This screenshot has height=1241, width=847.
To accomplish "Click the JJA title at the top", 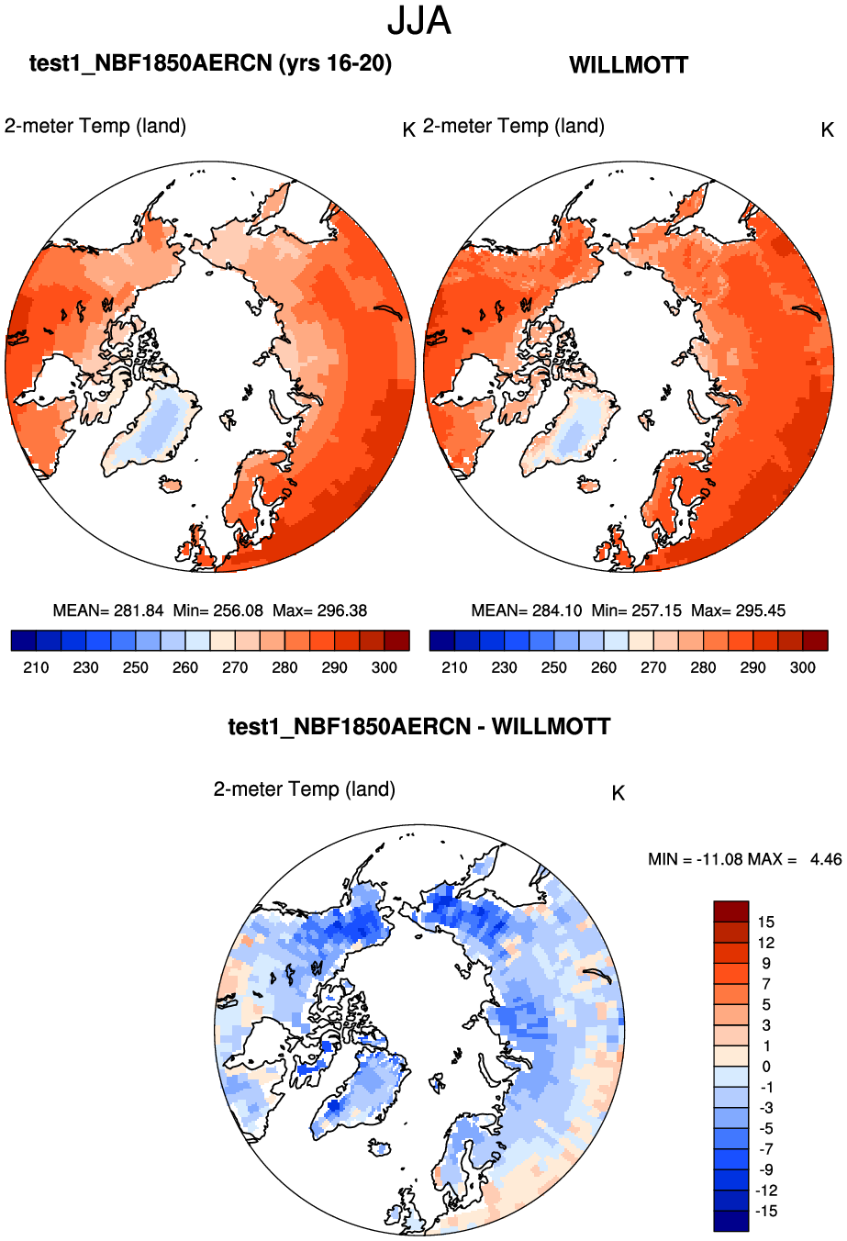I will (x=419, y=21).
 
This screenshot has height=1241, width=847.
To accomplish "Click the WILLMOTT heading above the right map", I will (x=629, y=65).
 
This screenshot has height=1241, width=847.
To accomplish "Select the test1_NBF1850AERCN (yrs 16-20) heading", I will (x=210, y=63).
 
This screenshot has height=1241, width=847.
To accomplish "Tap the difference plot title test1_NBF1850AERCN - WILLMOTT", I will (x=419, y=727).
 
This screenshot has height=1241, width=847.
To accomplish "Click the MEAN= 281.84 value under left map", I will (x=108, y=610).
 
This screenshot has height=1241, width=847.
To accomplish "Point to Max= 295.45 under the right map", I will (x=738, y=610).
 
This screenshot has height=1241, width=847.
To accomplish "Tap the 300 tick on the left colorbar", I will (x=384, y=667).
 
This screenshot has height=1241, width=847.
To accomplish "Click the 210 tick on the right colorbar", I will (x=454, y=667).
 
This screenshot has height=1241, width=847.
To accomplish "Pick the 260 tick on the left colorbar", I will (x=185, y=667).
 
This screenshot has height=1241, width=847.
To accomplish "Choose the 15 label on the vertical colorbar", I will (x=765, y=922).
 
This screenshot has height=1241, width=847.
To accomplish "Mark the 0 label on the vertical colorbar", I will (x=765, y=1067).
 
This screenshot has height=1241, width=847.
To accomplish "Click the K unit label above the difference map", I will (x=618, y=793).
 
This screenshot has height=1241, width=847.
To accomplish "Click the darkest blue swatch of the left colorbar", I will (x=23, y=640).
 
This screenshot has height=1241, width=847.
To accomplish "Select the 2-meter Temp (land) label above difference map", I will (x=305, y=789).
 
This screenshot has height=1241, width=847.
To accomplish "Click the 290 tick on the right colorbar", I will (x=752, y=667).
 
